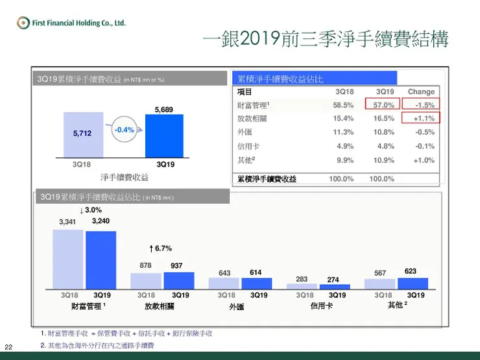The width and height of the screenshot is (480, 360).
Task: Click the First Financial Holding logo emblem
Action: click(23, 23)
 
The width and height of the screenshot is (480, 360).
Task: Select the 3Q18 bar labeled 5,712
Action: click(82, 135)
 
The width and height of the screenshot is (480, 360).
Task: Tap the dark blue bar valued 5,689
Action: click(163, 136)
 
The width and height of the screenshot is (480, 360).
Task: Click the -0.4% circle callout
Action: click(124, 130)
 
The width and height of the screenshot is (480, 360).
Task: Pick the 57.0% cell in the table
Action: click(381, 105)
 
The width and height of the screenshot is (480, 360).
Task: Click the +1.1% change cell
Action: click(422, 118)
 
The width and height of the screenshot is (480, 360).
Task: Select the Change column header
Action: click(421, 91)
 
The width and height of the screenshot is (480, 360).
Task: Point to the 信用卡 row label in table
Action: click(247, 146)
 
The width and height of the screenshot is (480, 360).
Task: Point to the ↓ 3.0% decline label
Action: click(90, 210)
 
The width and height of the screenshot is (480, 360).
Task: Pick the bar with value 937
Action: click(178, 280)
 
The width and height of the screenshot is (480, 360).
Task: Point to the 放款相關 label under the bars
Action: click(160, 306)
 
